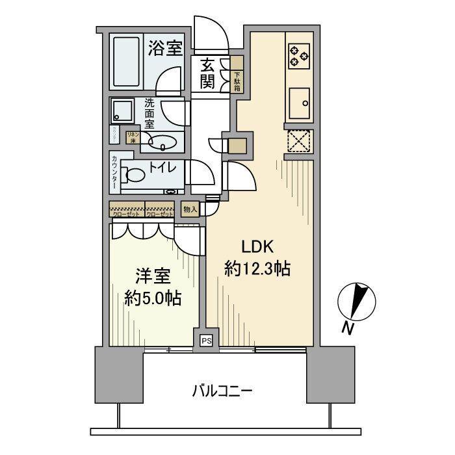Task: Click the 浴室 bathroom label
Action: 164,48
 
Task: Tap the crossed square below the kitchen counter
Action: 300,141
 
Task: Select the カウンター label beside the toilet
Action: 114,173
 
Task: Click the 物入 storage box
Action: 190,209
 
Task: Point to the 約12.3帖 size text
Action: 257,270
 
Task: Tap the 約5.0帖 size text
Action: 153,299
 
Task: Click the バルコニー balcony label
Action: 222,391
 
